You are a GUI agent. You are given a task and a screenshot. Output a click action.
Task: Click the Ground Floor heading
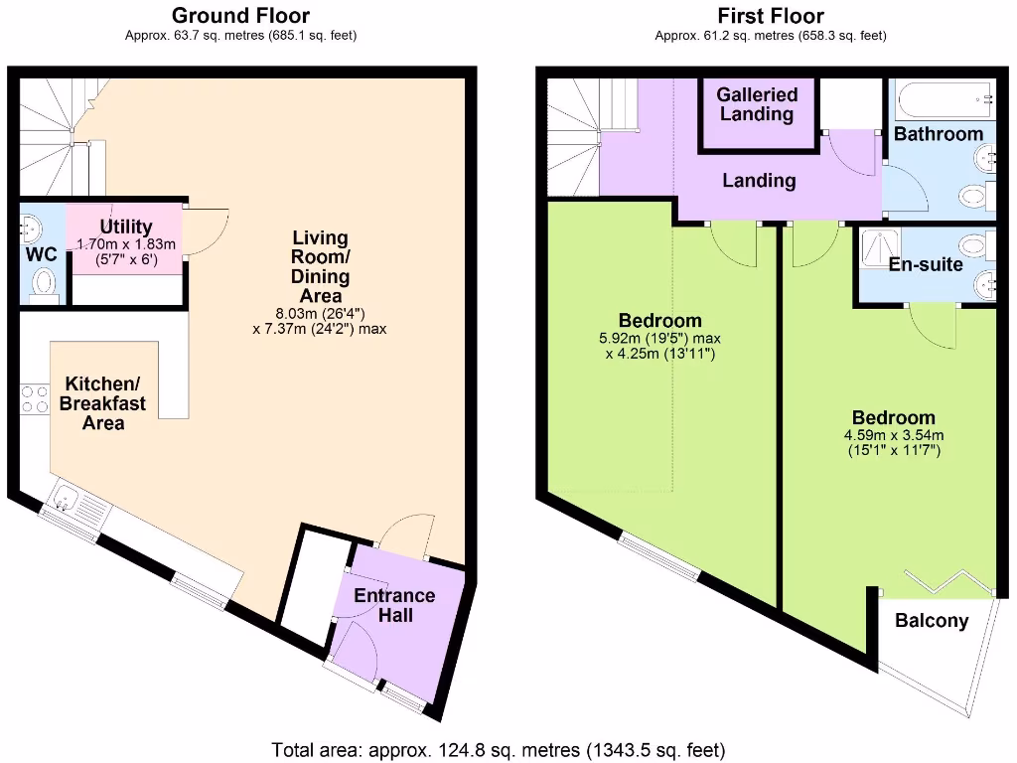(x=240, y=16)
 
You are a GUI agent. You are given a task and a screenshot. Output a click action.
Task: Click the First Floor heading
(x=771, y=16)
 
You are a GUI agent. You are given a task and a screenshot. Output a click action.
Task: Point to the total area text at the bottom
(x=499, y=749)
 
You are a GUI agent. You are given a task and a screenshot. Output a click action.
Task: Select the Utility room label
(x=126, y=228)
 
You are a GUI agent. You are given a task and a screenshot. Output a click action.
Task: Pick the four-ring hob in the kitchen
(x=35, y=399)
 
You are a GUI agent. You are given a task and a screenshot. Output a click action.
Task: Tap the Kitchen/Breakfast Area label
(x=103, y=403)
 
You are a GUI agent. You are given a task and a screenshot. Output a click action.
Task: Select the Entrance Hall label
(x=394, y=605)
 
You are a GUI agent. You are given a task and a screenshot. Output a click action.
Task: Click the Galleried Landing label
(x=758, y=104)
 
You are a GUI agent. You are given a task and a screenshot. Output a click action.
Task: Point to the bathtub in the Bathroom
(x=944, y=100)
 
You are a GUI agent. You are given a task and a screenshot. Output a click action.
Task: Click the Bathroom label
(x=939, y=133)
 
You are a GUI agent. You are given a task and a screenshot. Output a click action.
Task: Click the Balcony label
(x=932, y=621)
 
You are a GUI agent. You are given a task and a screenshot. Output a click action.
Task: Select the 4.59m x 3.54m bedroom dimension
(x=893, y=435)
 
